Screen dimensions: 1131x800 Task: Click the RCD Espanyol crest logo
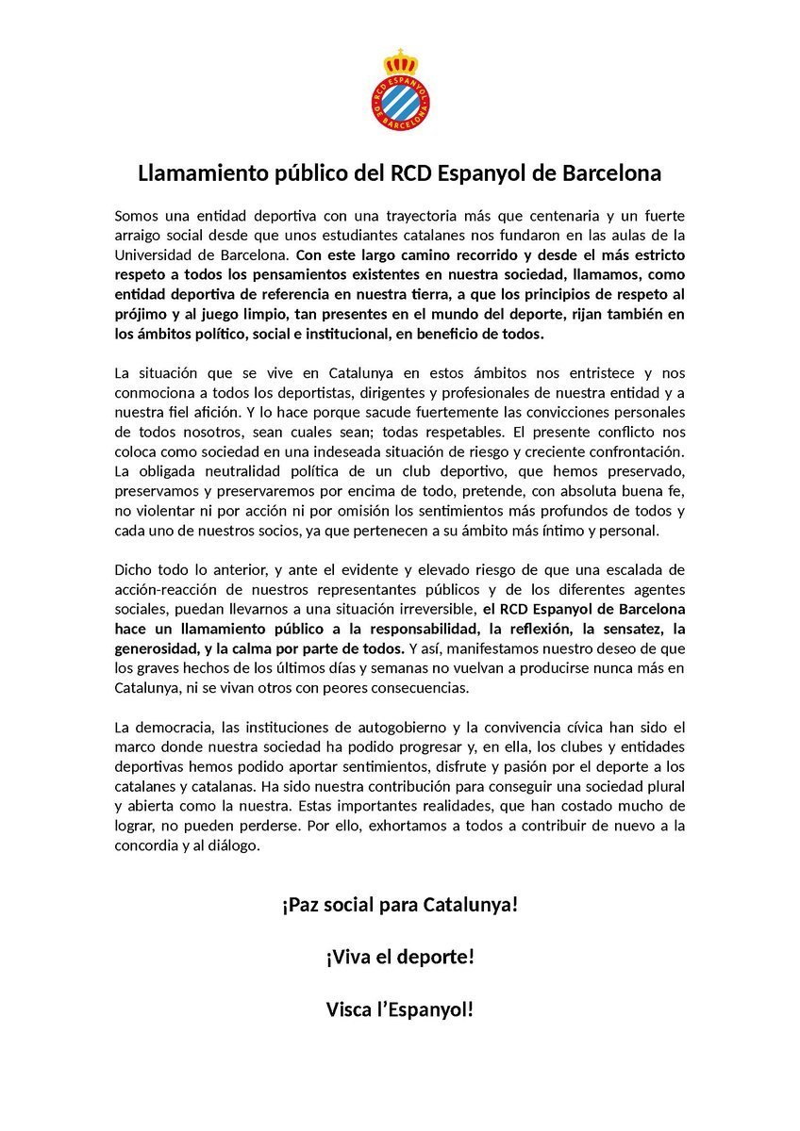click(x=400, y=92)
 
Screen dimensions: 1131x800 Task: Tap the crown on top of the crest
click(x=400, y=62)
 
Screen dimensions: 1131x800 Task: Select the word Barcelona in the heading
click(x=605, y=174)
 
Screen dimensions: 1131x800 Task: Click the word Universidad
click(x=158, y=254)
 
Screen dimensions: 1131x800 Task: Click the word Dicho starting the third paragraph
click(x=133, y=568)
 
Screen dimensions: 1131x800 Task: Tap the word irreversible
click(x=430, y=609)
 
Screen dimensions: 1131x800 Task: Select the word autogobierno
click(x=429, y=727)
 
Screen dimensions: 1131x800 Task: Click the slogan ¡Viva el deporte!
click(x=400, y=957)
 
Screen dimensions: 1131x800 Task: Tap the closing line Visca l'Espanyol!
click(x=400, y=1009)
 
